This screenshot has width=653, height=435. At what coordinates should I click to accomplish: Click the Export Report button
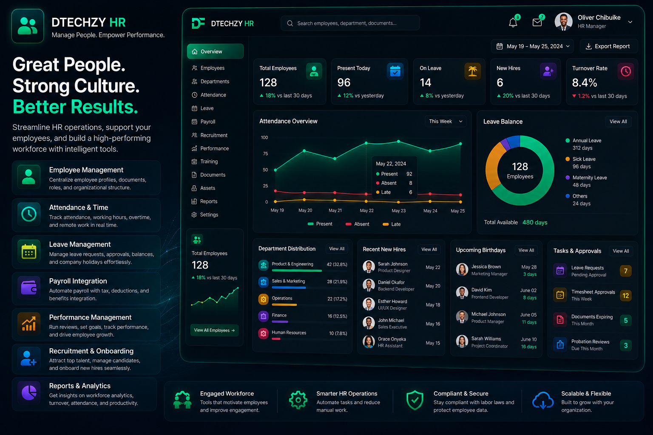point(609,46)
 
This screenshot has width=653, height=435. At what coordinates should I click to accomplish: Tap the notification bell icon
point(513,23)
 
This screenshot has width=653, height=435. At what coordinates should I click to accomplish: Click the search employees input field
point(350,23)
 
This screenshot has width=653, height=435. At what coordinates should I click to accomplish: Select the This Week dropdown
point(446,121)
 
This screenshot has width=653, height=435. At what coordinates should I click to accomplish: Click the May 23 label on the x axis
point(398,210)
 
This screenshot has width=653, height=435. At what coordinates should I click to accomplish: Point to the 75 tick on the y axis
point(265,153)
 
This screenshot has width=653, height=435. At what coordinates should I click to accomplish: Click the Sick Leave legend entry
point(580,163)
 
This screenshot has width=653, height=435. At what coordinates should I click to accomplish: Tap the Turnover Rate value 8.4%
point(585,83)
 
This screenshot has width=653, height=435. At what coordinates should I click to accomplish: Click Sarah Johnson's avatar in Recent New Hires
point(369,267)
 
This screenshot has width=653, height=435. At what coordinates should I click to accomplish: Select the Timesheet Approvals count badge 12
point(626,296)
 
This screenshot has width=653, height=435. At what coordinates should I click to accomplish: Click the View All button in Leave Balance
point(618,121)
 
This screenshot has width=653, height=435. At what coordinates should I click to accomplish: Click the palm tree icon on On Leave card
point(473,71)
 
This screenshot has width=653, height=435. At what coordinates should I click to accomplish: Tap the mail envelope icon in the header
point(537,22)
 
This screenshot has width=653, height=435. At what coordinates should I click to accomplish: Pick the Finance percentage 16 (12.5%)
point(337,316)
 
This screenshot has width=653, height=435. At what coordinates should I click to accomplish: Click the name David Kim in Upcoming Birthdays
point(482,290)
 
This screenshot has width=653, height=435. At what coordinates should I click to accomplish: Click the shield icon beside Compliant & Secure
point(415,400)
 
